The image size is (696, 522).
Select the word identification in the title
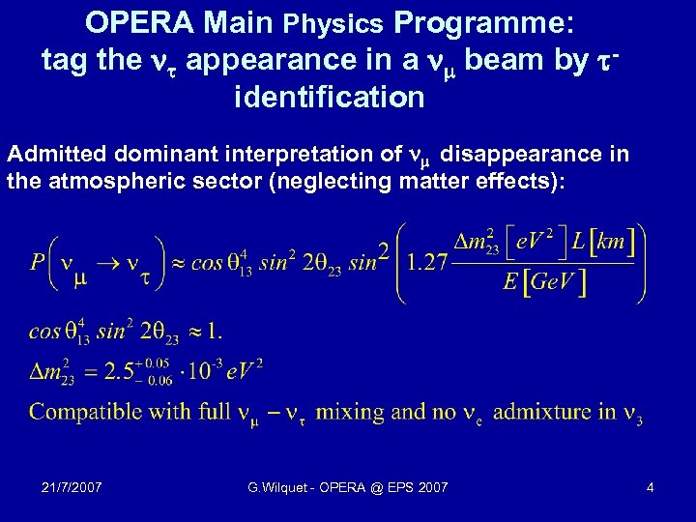[329, 98]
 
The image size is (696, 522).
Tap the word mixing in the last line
[351, 412]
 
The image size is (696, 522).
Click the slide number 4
[651, 487]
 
